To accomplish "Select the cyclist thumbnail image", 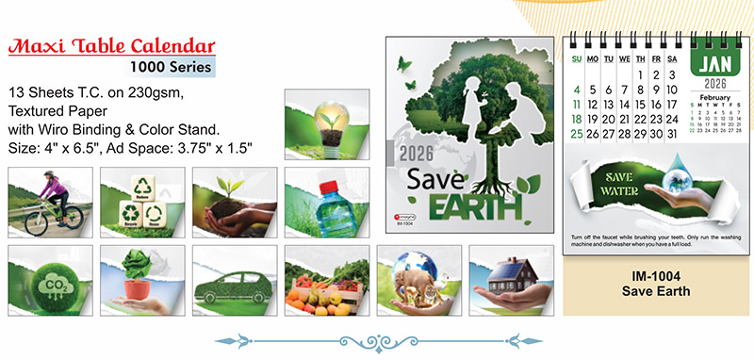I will pyautogui.click(x=50, y=202).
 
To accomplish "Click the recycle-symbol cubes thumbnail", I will pyautogui.click(x=142, y=202).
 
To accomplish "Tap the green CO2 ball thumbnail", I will pyautogui.click(x=50, y=279).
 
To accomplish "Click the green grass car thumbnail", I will pyautogui.click(x=235, y=279).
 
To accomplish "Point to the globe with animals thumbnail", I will pyautogui.click(x=418, y=279).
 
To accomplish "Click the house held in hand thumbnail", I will pyautogui.click(x=511, y=279).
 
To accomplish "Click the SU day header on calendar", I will pyautogui.click(x=577, y=58).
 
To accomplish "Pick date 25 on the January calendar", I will pyautogui.click(x=577, y=134).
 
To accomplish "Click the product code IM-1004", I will pyautogui.click(x=656, y=275).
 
